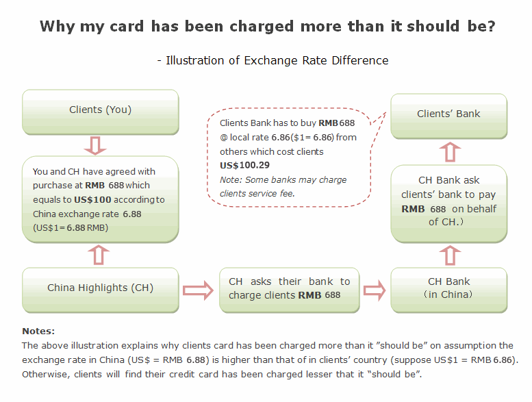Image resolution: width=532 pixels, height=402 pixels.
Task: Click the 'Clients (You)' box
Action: [x=101, y=112]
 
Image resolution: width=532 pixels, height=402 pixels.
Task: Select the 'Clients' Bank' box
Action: [x=449, y=116]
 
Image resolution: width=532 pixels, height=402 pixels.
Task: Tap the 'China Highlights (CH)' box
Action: [x=101, y=290]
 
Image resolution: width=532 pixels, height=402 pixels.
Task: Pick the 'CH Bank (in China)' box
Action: [x=449, y=290]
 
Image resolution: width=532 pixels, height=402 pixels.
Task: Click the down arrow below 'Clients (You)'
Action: [x=95, y=146]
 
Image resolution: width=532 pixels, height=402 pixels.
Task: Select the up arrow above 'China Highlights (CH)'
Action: [x=99, y=255]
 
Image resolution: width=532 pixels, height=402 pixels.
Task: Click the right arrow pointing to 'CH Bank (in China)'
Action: [x=375, y=290]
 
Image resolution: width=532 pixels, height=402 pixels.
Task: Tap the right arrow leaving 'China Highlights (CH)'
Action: [x=198, y=290]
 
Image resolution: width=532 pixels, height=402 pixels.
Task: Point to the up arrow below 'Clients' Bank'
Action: [x=450, y=151]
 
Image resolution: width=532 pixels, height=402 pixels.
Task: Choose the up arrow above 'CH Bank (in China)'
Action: [x=450, y=255]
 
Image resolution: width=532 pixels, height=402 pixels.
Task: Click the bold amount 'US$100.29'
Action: [x=244, y=165]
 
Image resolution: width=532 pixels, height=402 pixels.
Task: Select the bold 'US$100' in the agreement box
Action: [x=92, y=199]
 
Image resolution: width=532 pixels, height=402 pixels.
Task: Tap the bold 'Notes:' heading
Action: [x=38, y=331]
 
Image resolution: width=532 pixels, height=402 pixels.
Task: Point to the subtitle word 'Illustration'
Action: [x=194, y=60]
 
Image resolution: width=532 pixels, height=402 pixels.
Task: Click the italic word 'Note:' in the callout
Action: [x=231, y=180]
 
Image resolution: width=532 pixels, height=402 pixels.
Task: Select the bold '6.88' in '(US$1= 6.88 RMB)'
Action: [x=76, y=227]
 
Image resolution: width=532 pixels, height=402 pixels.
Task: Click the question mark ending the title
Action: [x=492, y=26]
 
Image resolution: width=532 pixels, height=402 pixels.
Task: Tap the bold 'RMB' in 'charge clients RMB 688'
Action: [x=309, y=295]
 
